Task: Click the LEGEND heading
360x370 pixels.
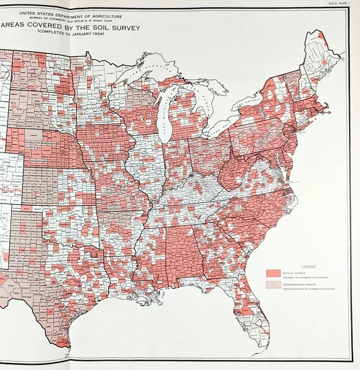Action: (x=307, y=267)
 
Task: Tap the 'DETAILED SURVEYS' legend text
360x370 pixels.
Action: (x=295, y=272)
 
